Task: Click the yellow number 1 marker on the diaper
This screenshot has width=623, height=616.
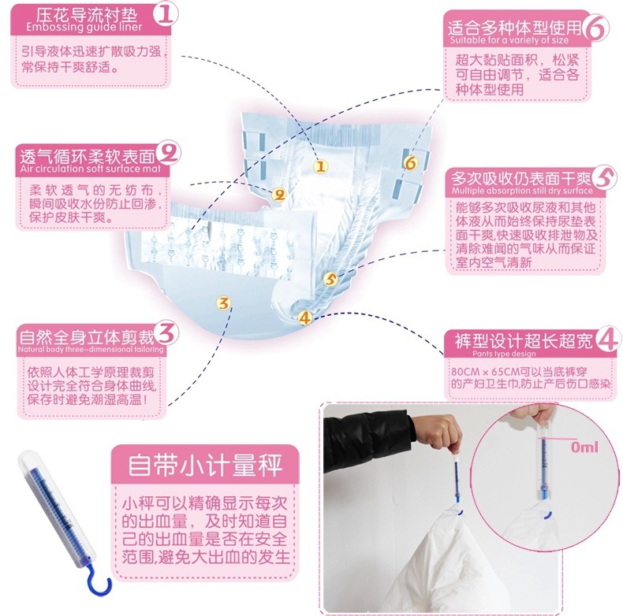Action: (x=321, y=166)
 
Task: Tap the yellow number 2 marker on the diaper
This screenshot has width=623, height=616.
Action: (x=279, y=195)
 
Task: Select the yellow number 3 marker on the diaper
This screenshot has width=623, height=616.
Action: (x=224, y=302)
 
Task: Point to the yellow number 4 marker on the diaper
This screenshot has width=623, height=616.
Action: (x=304, y=317)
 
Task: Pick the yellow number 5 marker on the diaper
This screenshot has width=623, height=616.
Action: (x=330, y=279)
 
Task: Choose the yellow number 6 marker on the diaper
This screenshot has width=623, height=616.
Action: (x=410, y=162)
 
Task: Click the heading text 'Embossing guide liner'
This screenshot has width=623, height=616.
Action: (x=84, y=27)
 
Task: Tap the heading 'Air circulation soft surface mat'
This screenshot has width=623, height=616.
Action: (x=91, y=169)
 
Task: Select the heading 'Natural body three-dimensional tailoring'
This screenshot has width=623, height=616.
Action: (x=91, y=349)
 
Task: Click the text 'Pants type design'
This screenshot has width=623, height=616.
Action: (x=504, y=354)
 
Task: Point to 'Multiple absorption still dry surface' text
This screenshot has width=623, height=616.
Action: (x=522, y=191)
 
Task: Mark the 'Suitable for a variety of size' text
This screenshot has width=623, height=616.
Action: (x=509, y=40)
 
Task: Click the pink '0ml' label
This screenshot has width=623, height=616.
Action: (x=584, y=447)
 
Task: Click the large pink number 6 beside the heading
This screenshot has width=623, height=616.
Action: (x=597, y=27)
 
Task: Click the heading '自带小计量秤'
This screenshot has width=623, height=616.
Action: (x=205, y=465)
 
